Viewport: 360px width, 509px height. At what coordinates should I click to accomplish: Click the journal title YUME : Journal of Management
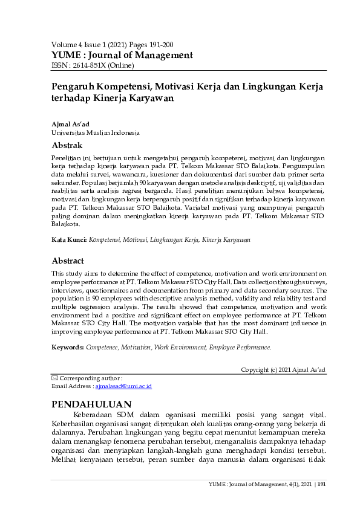click(122, 55)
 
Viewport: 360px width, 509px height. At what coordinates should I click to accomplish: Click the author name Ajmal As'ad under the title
click(70, 124)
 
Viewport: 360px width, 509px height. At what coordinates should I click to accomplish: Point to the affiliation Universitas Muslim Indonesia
click(96, 132)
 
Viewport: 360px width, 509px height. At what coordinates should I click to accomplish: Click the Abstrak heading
click(67, 146)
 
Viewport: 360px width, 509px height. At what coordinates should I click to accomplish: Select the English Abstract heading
click(67, 261)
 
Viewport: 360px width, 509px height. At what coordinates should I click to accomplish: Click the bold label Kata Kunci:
click(69, 240)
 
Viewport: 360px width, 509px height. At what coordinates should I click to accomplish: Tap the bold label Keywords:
click(68, 348)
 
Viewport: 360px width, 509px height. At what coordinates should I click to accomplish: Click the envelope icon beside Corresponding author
click(55, 378)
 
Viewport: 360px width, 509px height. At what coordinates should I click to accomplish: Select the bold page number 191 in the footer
click(321, 484)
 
